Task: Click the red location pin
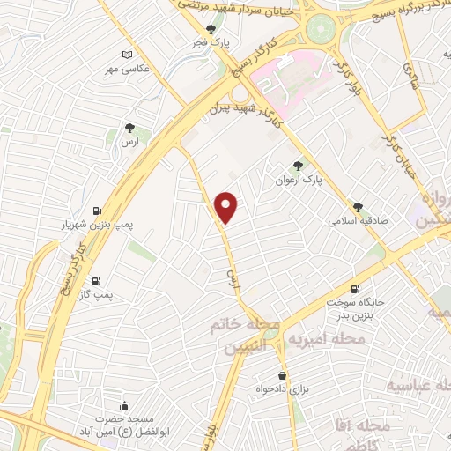tap(227, 208)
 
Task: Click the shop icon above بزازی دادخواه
tap(281, 374)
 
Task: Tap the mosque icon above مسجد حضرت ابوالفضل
tap(124, 405)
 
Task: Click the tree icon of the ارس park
tap(130, 129)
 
